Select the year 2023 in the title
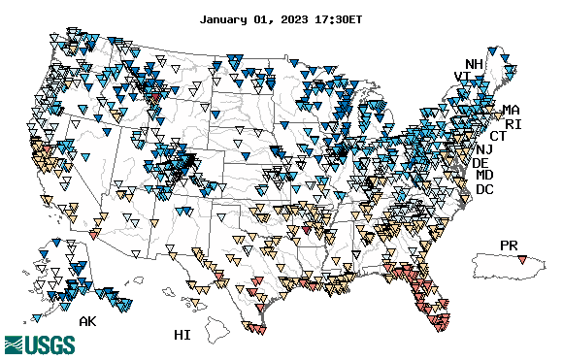click(292, 18)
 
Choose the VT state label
click(463, 77)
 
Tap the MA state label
click(511, 111)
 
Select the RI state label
click(513, 124)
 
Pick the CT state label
click(498, 137)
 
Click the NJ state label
click(484, 149)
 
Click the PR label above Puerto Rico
click(510, 245)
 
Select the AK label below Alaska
click(88, 321)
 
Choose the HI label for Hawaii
click(182, 335)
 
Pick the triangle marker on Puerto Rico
click(523, 259)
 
